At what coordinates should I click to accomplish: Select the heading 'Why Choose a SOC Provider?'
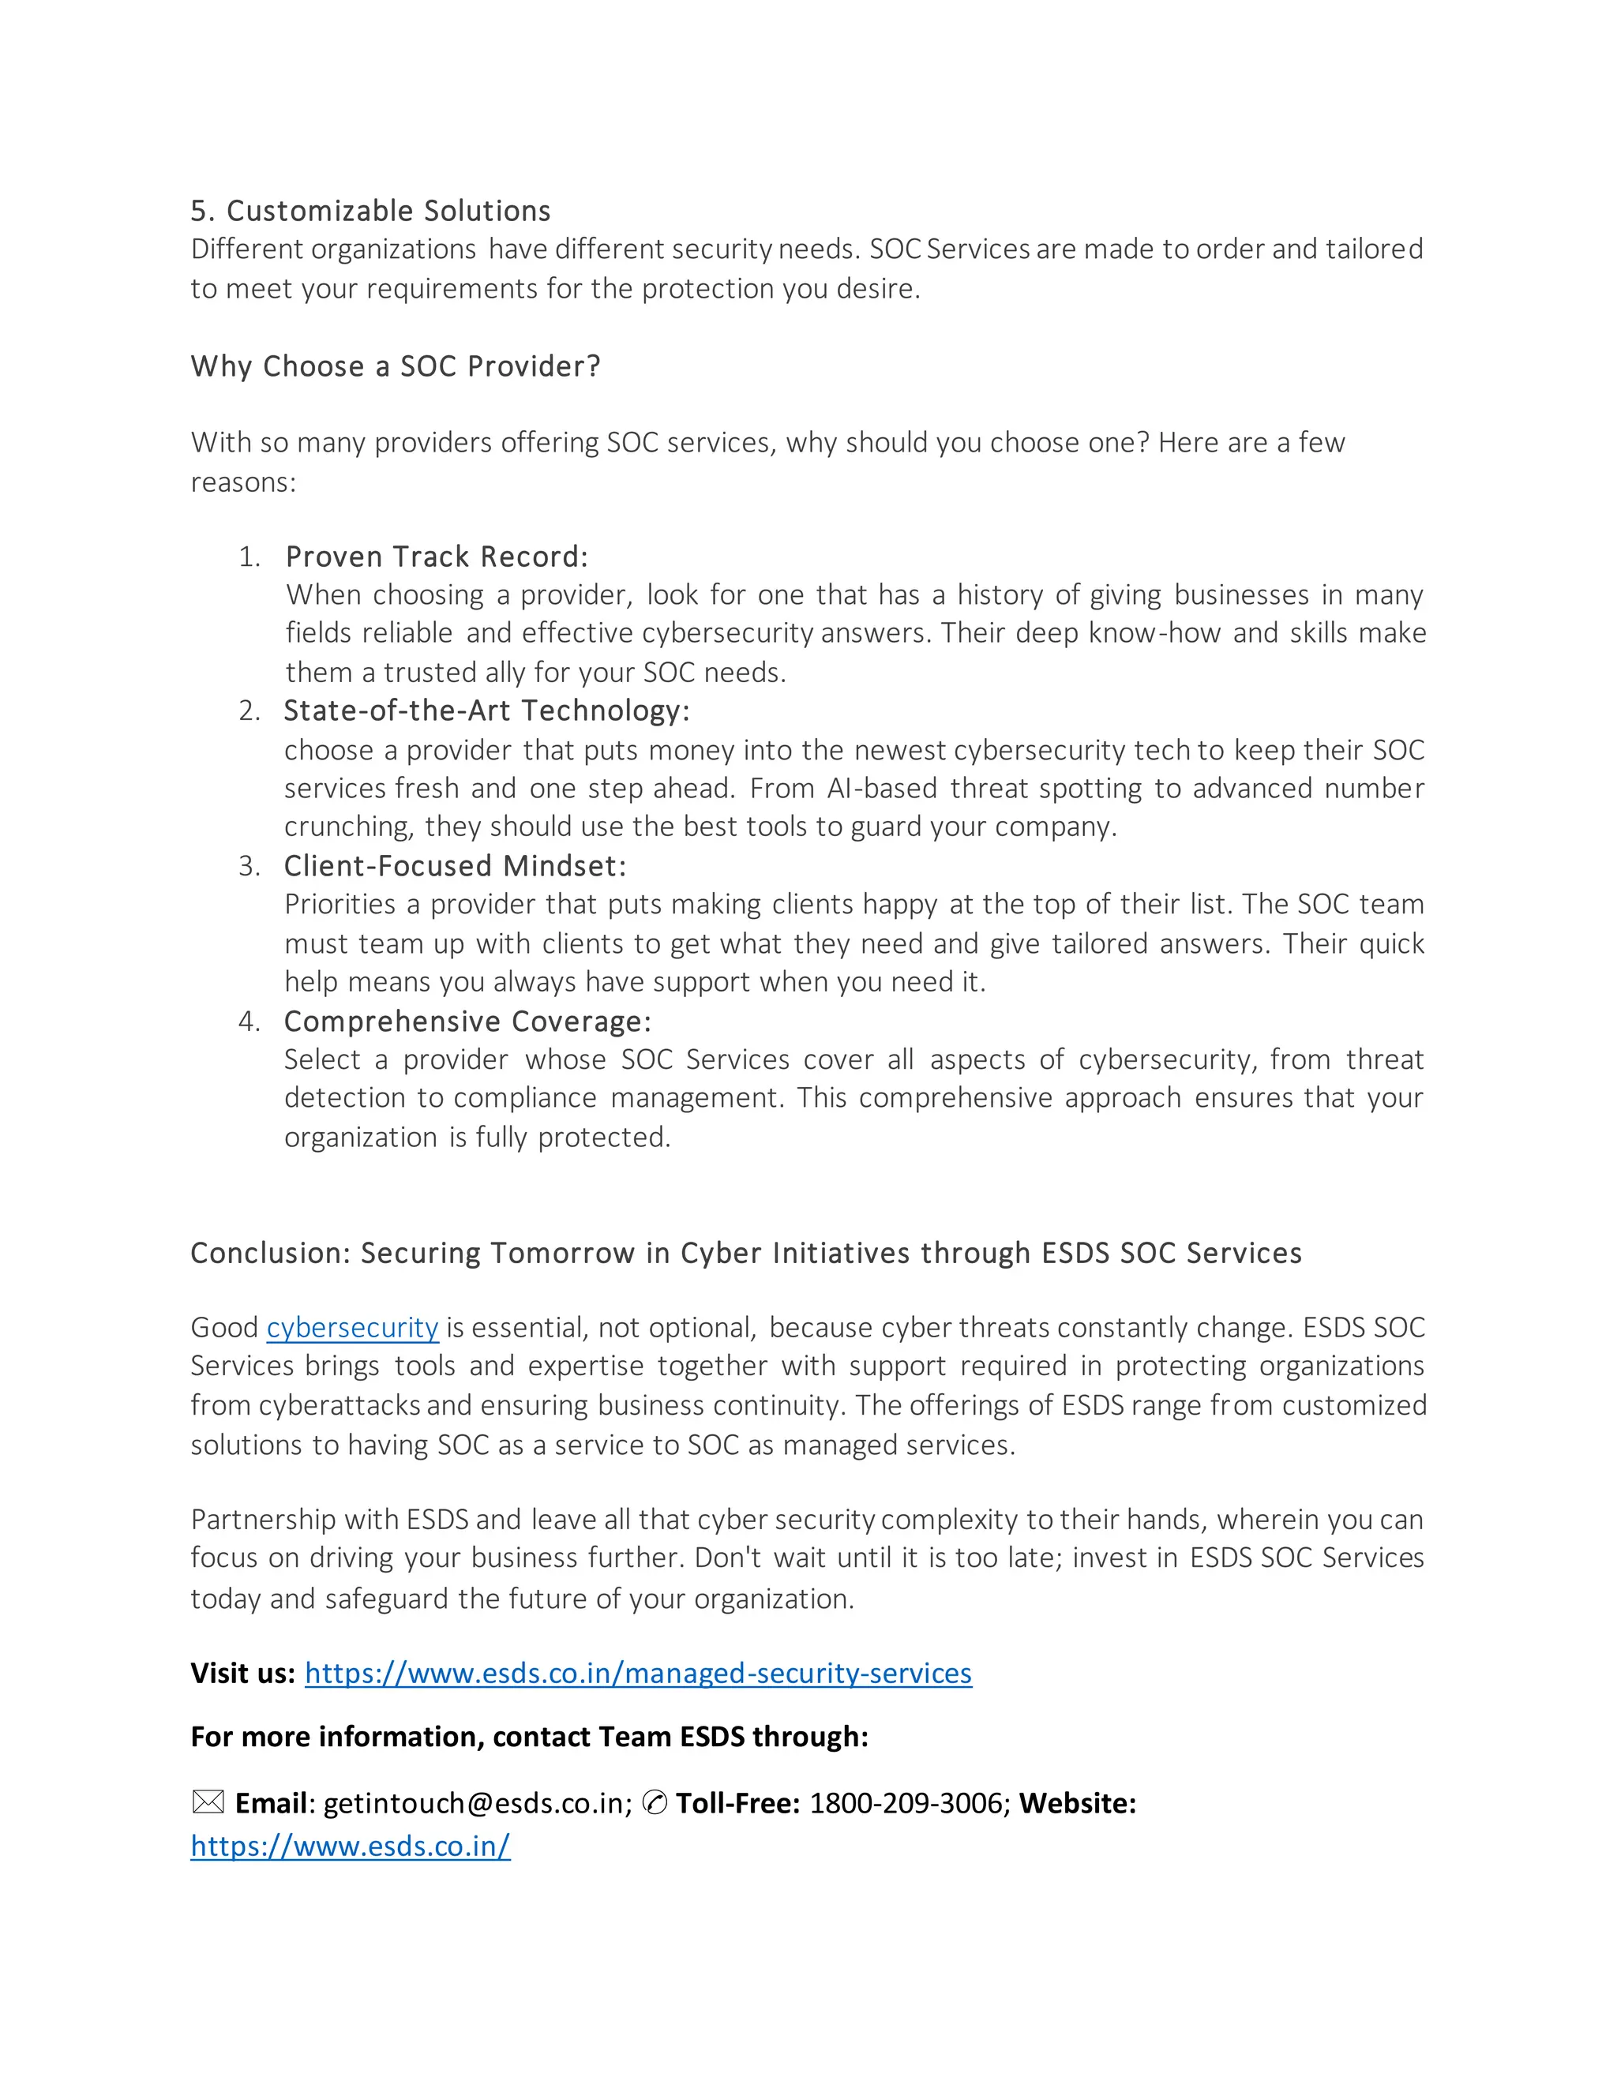pyautogui.click(x=395, y=367)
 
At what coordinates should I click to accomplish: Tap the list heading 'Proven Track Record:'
pyautogui.click(x=437, y=557)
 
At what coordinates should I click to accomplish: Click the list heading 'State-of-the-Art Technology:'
pyautogui.click(x=486, y=710)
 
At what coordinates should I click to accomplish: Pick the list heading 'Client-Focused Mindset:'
pyautogui.click(x=455, y=866)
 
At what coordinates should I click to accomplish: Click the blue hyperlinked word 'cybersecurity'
pyautogui.click(x=352, y=1328)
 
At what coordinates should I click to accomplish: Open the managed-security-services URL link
pyautogui.click(x=638, y=1674)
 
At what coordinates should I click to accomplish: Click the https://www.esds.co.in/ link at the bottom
pyautogui.click(x=351, y=1846)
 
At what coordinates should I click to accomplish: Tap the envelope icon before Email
pyautogui.click(x=208, y=1803)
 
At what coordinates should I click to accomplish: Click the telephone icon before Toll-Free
pyautogui.click(x=655, y=1804)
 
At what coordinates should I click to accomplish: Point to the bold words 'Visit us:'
pyautogui.click(x=242, y=1674)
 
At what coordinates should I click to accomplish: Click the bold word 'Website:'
pyautogui.click(x=1077, y=1804)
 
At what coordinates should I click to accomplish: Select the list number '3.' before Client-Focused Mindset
pyautogui.click(x=249, y=867)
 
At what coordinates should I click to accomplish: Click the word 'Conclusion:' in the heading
pyautogui.click(x=271, y=1254)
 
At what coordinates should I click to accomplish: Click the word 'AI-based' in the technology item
pyautogui.click(x=881, y=789)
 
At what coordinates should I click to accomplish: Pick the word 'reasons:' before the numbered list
pyautogui.click(x=243, y=483)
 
